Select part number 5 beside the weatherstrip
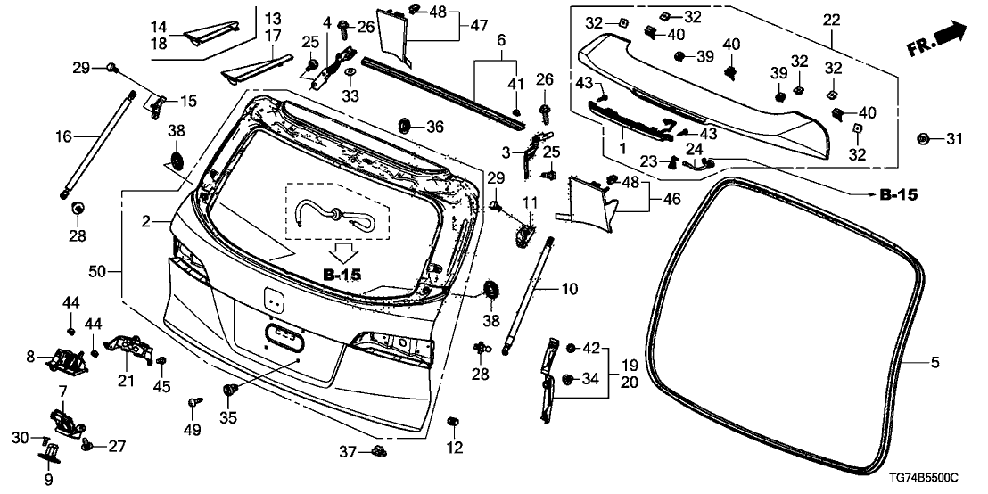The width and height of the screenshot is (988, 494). pos(934,362)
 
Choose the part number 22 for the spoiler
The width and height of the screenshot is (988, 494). pos(831,19)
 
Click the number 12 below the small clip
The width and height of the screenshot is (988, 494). pos(456,447)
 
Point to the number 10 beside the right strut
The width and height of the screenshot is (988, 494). pos(570,290)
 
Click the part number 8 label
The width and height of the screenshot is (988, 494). pos(30,357)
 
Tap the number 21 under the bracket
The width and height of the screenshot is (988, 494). pos(125,382)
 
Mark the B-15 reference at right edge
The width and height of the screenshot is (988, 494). pos(898,193)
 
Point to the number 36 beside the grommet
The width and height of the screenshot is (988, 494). pos(434,128)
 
